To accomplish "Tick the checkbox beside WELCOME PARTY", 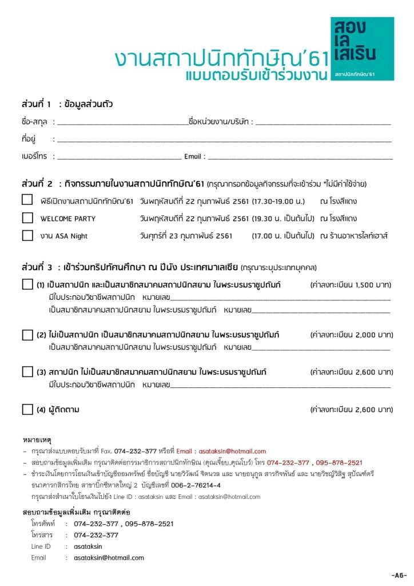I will (27, 218).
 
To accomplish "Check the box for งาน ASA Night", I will (27, 235).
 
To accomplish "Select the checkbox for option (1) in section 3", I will (27, 284).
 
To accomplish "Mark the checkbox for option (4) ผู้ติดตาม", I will (27, 409).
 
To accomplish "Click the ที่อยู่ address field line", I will (223, 140).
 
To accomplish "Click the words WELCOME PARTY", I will (68, 219).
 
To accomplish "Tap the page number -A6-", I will (399, 575).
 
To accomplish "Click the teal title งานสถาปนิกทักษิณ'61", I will (218, 59).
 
